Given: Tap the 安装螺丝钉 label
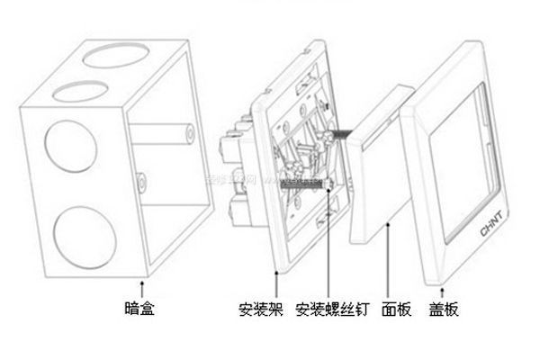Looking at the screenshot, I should (330, 310).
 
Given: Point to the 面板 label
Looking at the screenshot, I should (395, 310).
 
